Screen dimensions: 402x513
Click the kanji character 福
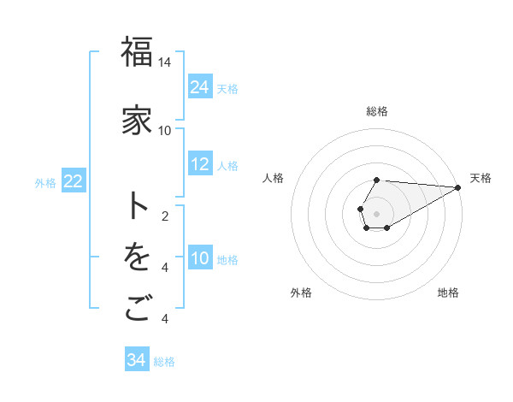click(x=137, y=53)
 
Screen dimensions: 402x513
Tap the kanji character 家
click(x=137, y=121)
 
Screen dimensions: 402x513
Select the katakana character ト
click(x=137, y=206)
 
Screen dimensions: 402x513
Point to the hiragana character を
click(x=137, y=257)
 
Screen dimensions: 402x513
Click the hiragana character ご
click(x=137, y=309)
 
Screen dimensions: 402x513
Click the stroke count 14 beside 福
click(x=165, y=62)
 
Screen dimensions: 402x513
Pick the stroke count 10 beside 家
click(x=165, y=130)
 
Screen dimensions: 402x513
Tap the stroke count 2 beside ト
click(x=165, y=216)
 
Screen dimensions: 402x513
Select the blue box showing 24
click(x=200, y=86)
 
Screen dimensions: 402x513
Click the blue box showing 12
click(x=200, y=164)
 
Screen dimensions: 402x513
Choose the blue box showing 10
click(x=200, y=258)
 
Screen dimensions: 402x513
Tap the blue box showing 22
click(x=74, y=181)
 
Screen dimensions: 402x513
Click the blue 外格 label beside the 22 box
click(x=45, y=182)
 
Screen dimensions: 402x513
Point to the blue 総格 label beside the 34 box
click(x=164, y=362)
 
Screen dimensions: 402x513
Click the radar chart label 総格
click(x=377, y=111)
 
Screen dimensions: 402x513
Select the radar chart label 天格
click(x=481, y=178)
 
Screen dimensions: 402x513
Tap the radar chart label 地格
click(x=448, y=293)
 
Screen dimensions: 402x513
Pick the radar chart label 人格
click(x=274, y=178)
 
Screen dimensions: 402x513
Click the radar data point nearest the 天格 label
click(x=458, y=187)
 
